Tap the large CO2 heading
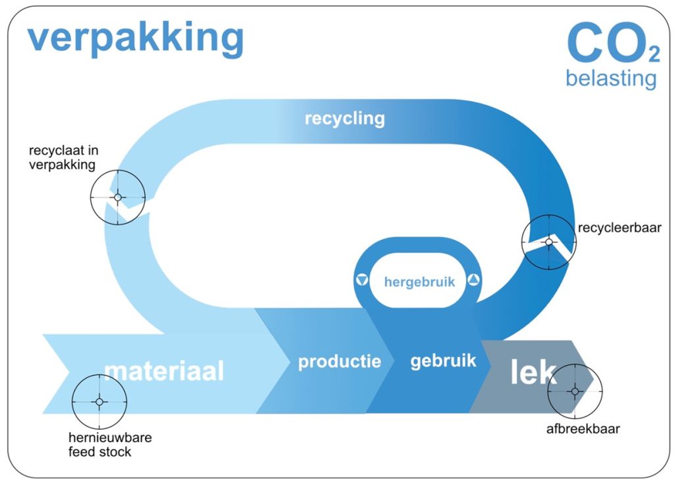point(614,43)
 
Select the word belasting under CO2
point(611,78)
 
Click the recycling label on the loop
point(344,119)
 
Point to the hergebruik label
point(419,282)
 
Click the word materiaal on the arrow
point(164,370)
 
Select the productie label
point(339,362)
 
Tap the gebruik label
point(444,360)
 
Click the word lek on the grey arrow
point(533,371)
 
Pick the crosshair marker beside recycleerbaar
point(549,242)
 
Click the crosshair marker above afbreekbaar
point(575,391)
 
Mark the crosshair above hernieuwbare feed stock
point(100,402)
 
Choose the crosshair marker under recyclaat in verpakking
point(118,197)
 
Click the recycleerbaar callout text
point(620,228)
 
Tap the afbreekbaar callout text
point(583,429)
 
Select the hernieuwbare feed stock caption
point(110,445)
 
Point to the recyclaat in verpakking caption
point(63,157)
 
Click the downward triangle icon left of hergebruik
point(362,280)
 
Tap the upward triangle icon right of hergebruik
point(473,280)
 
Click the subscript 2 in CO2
point(655,55)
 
